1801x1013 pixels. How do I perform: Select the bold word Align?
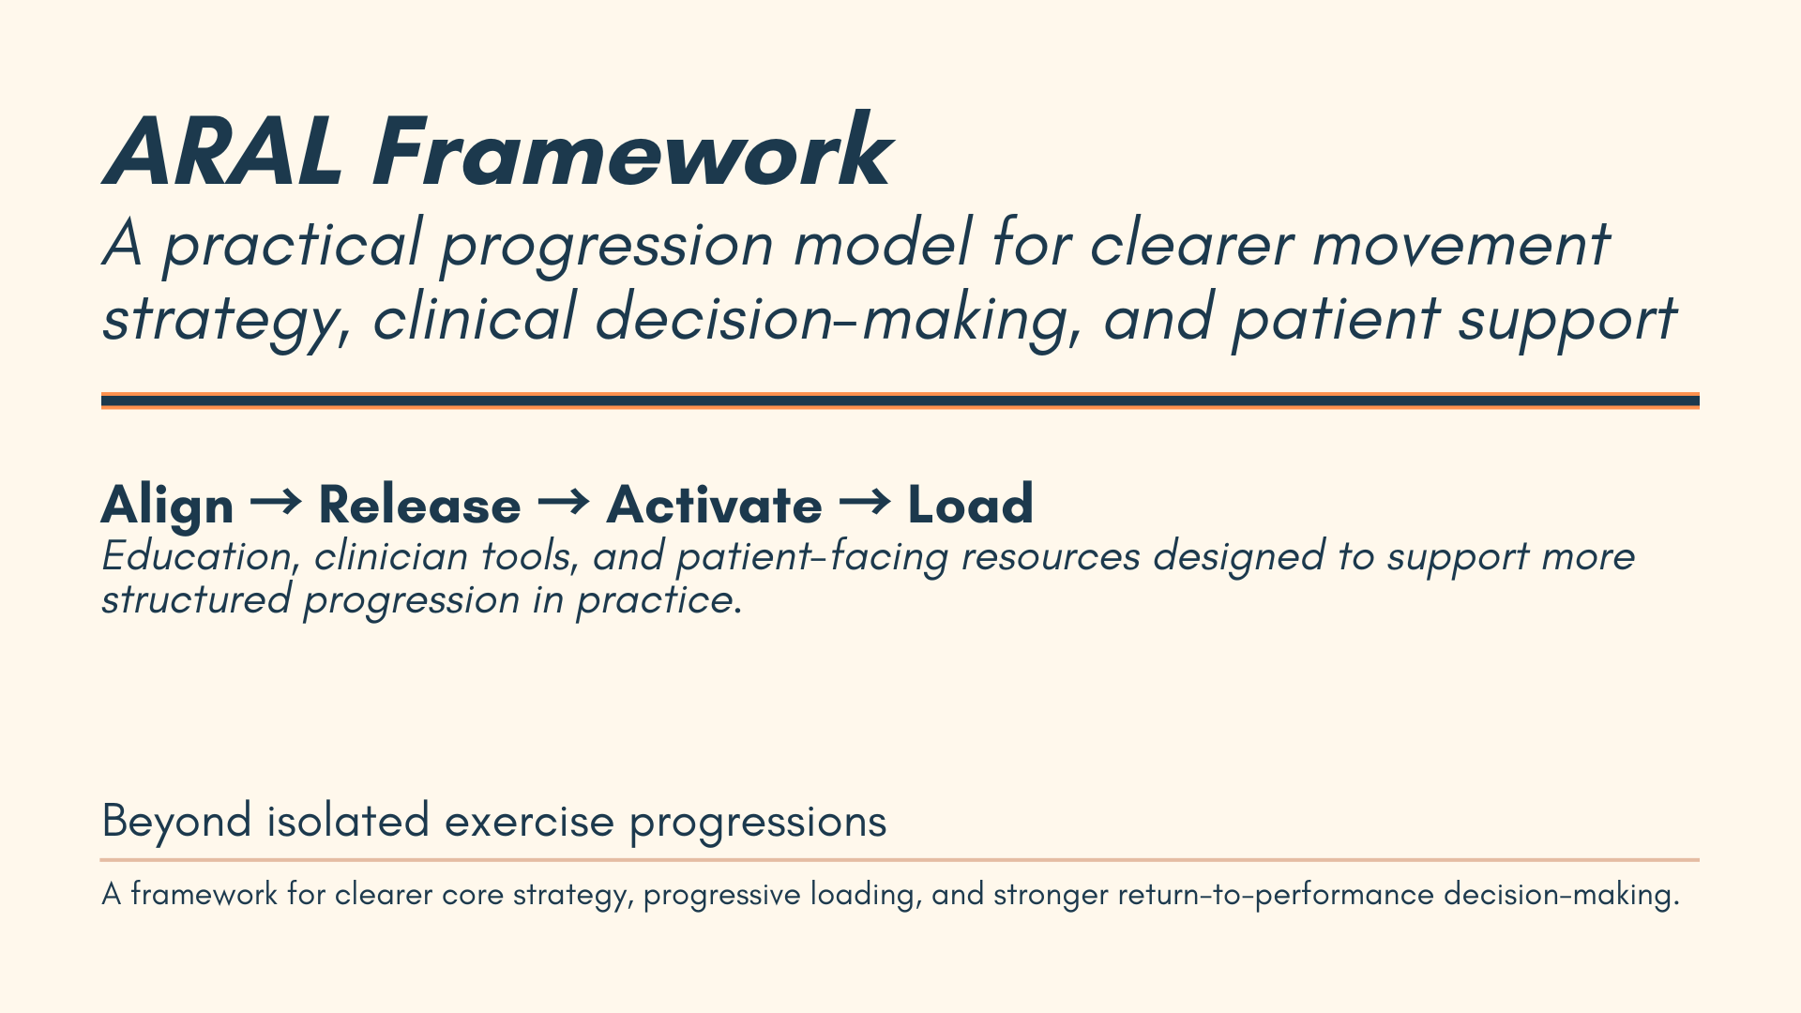[x=167, y=506]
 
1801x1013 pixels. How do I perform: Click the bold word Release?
[x=419, y=506]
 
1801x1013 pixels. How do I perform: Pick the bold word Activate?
[x=715, y=506]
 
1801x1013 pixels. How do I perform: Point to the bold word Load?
[x=971, y=505]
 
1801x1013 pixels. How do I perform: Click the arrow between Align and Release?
[x=276, y=503]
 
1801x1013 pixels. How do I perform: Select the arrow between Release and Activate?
[x=564, y=503]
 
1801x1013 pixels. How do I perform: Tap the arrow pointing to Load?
[x=865, y=503]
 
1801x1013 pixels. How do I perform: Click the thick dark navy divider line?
[x=900, y=401]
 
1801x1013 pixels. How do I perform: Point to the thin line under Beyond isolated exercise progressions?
[x=900, y=859]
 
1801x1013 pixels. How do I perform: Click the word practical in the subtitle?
[x=292, y=246]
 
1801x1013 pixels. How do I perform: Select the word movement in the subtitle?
[x=1460, y=246]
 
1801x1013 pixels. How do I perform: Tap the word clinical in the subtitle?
[x=474, y=317]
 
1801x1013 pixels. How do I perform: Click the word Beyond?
[x=176, y=822]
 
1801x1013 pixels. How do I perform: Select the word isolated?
[x=348, y=821]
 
